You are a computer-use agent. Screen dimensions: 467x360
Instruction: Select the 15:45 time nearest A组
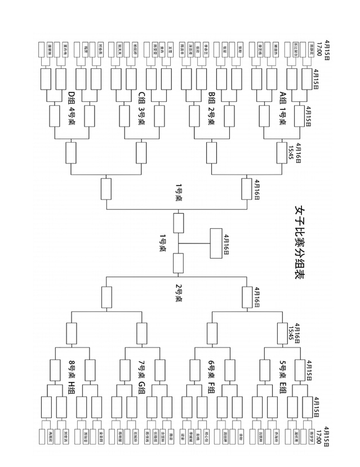[291, 149]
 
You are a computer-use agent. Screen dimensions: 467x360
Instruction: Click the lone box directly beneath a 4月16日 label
[217, 244]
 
